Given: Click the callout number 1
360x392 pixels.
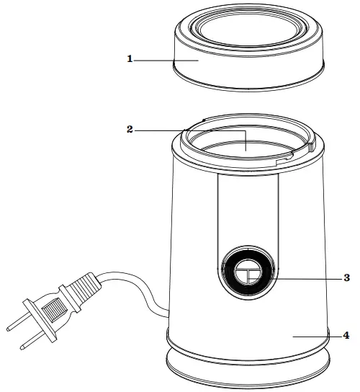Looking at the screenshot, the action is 130,59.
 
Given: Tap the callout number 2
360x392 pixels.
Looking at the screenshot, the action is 130,130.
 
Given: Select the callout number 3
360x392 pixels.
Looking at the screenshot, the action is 347,277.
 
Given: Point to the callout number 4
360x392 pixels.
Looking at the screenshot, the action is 346,336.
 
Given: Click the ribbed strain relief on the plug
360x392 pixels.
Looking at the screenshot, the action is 84,289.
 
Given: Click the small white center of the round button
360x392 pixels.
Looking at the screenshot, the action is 248,272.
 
